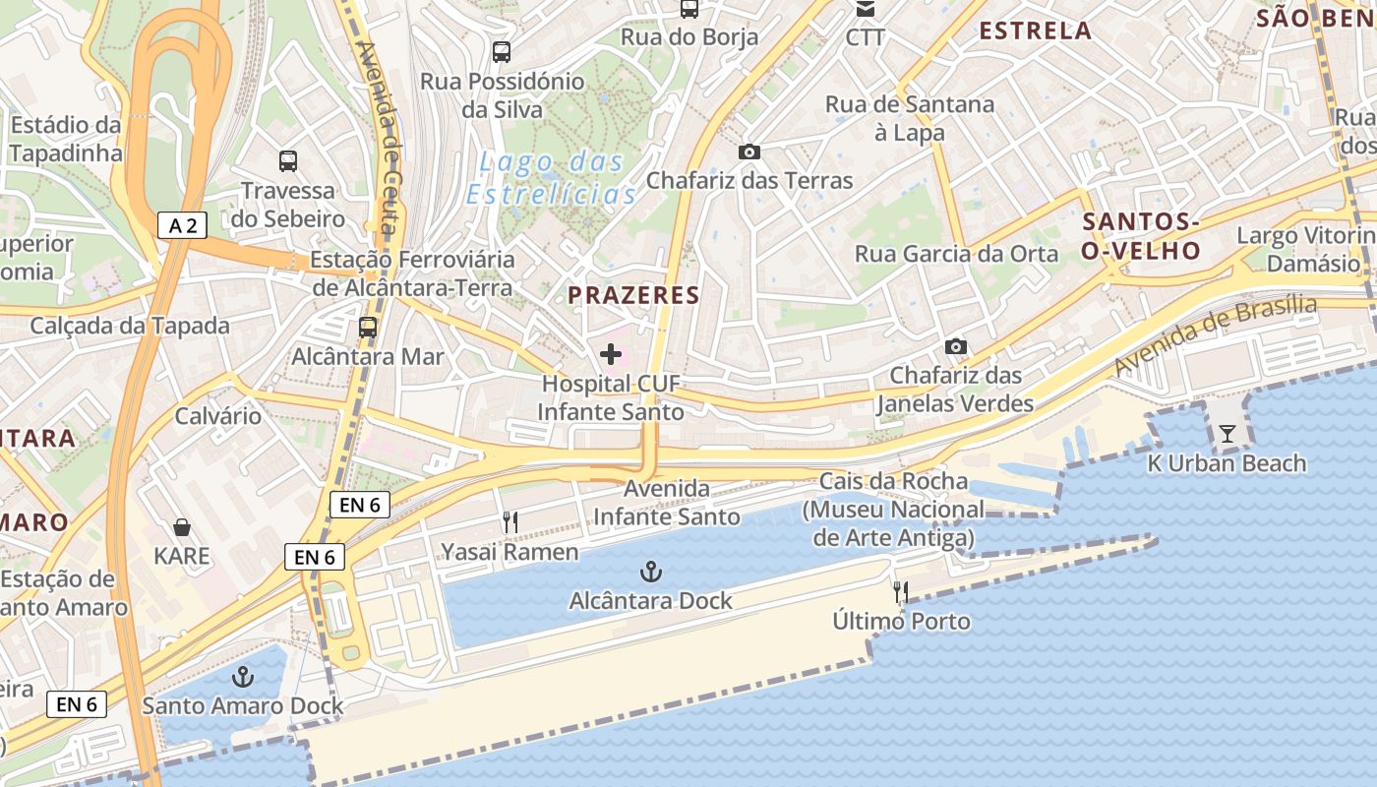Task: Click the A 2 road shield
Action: click(183, 225)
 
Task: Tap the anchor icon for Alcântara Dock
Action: click(650, 571)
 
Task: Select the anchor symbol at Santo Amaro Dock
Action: click(242, 676)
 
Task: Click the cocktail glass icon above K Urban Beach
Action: click(1227, 433)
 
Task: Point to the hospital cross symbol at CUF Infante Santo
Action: click(611, 354)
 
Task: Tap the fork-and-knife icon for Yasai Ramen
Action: click(509, 522)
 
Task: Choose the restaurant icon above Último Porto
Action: click(900, 591)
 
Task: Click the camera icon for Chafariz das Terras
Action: click(749, 151)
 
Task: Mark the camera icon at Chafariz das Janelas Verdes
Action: click(955, 346)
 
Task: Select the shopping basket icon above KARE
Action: click(182, 527)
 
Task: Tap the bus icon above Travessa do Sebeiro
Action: click(288, 161)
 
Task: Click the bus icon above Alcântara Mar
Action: click(368, 327)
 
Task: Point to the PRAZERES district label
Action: click(633, 295)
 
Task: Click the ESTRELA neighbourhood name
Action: click(1035, 30)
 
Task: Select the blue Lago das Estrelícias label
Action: click(552, 178)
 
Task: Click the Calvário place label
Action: click(218, 415)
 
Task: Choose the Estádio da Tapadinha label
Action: click(66, 139)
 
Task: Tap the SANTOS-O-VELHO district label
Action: click(1141, 235)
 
